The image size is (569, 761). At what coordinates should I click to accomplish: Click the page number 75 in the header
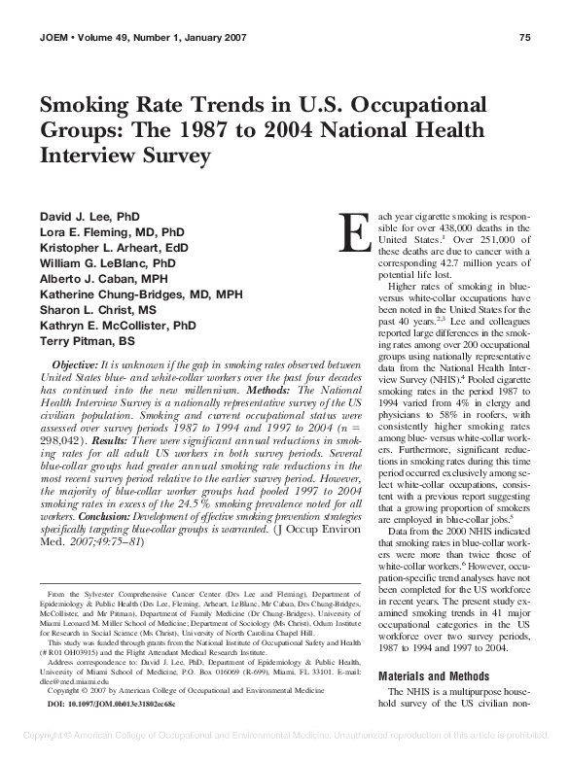[524, 38]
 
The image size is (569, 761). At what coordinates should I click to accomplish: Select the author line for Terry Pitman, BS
[87, 342]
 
